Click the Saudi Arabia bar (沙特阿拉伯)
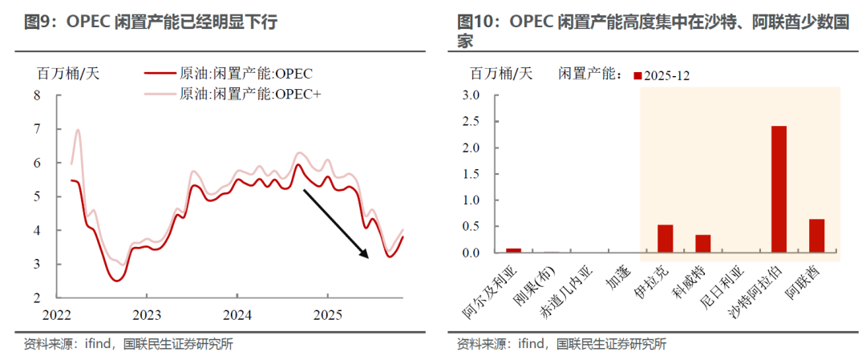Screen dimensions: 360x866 [779, 190]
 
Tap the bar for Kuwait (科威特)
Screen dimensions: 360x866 [702, 244]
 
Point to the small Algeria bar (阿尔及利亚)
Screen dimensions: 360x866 [513, 250]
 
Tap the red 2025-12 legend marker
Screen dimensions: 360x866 [637, 75]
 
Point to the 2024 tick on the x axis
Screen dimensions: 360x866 [237, 313]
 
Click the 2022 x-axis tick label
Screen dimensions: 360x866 [56, 313]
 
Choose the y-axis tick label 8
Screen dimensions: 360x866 [35, 95]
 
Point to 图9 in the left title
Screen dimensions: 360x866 [38, 22]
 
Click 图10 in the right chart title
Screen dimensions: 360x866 [475, 22]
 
